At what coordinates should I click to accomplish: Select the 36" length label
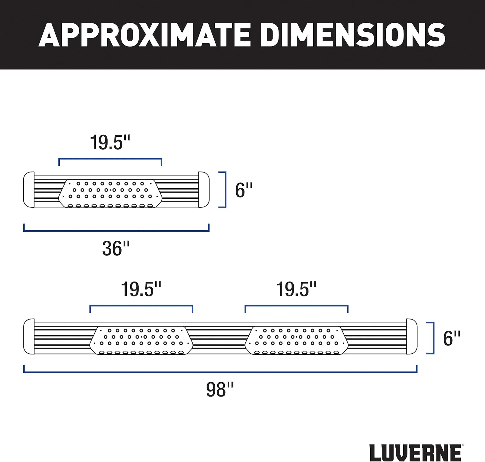pos(116,248)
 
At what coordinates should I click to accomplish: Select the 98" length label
pos(220,390)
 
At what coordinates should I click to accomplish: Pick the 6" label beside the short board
pos(244,190)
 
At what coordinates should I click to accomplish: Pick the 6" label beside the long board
pos(452,338)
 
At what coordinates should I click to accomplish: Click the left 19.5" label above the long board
pos(141,289)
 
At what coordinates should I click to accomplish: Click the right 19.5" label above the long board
pos(296,289)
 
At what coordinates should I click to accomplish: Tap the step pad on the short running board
pos(110,193)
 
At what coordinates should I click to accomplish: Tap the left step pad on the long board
pos(141,340)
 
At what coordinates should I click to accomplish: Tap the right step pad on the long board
pos(296,340)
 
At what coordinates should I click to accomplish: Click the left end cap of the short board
pos(29,190)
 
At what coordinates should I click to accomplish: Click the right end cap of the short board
pos(204,190)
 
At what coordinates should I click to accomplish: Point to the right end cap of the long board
pos(412,337)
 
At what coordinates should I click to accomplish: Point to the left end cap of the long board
pos(29,337)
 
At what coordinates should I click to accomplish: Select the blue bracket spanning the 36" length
pos(116,231)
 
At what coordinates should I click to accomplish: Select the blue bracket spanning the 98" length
pos(220,372)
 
